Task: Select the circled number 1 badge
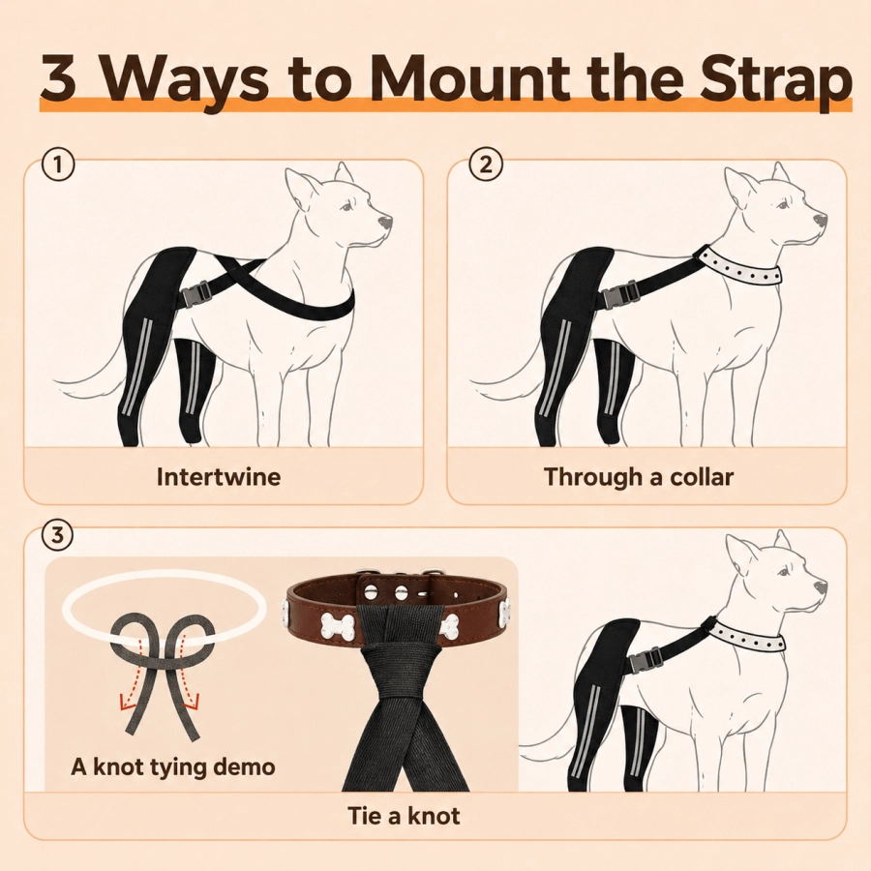58,165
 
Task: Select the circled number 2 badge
486,165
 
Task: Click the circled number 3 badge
58,535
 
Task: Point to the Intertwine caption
219,476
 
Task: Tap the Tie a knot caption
404,816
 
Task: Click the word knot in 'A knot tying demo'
117,766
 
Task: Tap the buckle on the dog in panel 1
196,293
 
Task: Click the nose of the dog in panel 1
385,222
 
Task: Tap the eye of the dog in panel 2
783,206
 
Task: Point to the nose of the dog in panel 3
820,587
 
